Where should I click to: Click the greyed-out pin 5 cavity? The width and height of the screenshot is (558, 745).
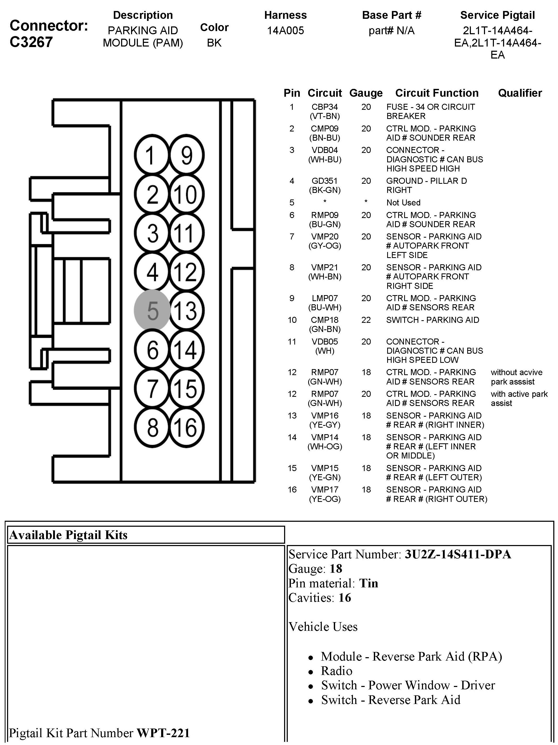click(x=152, y=310)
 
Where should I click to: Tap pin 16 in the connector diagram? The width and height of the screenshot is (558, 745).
click(x=186, y=427)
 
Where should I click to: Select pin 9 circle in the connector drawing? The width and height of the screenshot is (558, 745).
click(x=186, y=155)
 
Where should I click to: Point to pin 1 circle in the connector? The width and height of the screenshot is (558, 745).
click(x=152, y=155)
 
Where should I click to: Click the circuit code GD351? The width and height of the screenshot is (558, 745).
click(x=324, y=181)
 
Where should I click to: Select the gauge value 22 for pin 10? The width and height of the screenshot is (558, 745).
click(x=366, y=320)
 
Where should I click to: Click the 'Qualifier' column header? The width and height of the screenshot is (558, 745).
click(x=520, y=93)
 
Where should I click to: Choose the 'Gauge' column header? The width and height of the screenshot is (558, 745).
click(x=366, y=93)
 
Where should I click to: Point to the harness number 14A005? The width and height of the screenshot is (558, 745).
click(x=285, y=31)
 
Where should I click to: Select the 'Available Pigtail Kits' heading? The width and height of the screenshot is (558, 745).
click(x=68, y=535)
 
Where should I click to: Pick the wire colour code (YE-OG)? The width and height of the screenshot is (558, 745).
click(x=324, y=499)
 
